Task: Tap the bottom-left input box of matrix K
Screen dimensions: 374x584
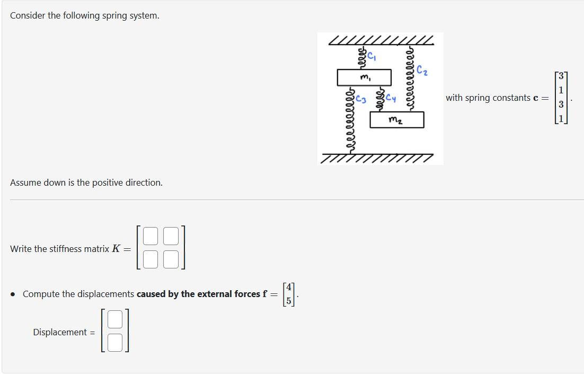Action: click(x=151, y=259)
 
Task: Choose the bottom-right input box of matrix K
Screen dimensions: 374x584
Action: click(x=171, y=259)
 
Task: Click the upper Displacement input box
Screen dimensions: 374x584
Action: click(x=115, y=319)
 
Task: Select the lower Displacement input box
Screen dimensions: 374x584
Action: click(x=115, y=342)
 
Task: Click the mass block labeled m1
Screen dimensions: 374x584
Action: click(x=364, y=77)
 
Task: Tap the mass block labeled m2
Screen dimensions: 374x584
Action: click(x=396, y=120)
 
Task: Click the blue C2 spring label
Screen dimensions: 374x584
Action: click(x=422, y=70)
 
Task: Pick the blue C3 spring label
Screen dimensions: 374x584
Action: click(x=361, y=98)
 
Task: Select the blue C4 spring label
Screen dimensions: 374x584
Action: click(x=391, y=98)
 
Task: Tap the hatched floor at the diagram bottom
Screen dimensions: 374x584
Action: click(x=377, y=158)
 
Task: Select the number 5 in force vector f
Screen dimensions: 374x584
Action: click(x=289, y=300)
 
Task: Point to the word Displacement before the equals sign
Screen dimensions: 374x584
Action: click(x=59, y=333)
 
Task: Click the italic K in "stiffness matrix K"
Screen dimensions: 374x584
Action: click(x=116, y=249)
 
